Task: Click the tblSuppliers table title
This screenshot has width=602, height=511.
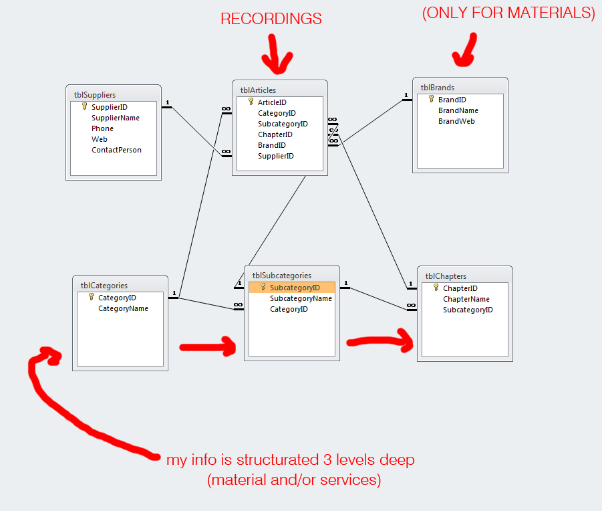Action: (95, 95)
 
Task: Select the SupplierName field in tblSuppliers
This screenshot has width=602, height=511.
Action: (116, 118)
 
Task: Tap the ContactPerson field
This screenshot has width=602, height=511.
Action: (116, 150)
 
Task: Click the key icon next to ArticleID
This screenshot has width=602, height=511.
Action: (251, 102)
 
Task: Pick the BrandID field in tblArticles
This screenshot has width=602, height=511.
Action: (271, 145)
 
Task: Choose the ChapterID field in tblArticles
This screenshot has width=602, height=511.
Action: (275, 134)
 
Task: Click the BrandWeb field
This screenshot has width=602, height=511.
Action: (456, 121)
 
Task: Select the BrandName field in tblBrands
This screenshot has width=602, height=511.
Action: (458, 110)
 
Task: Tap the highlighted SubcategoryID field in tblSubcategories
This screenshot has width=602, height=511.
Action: (295, 288)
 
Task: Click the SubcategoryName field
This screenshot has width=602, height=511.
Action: (301, 298)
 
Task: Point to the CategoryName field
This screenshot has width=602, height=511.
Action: (123, 308)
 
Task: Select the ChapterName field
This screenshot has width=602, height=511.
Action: (466, 299)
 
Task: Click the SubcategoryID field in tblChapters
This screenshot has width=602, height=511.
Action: (468, 310)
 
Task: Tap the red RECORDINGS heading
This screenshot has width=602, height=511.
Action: (271, 19)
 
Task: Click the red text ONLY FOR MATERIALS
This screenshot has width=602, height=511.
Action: (508, 13)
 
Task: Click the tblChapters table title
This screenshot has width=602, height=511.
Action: (446, 276)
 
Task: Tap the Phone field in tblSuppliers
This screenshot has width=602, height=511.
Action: (102, 128)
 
